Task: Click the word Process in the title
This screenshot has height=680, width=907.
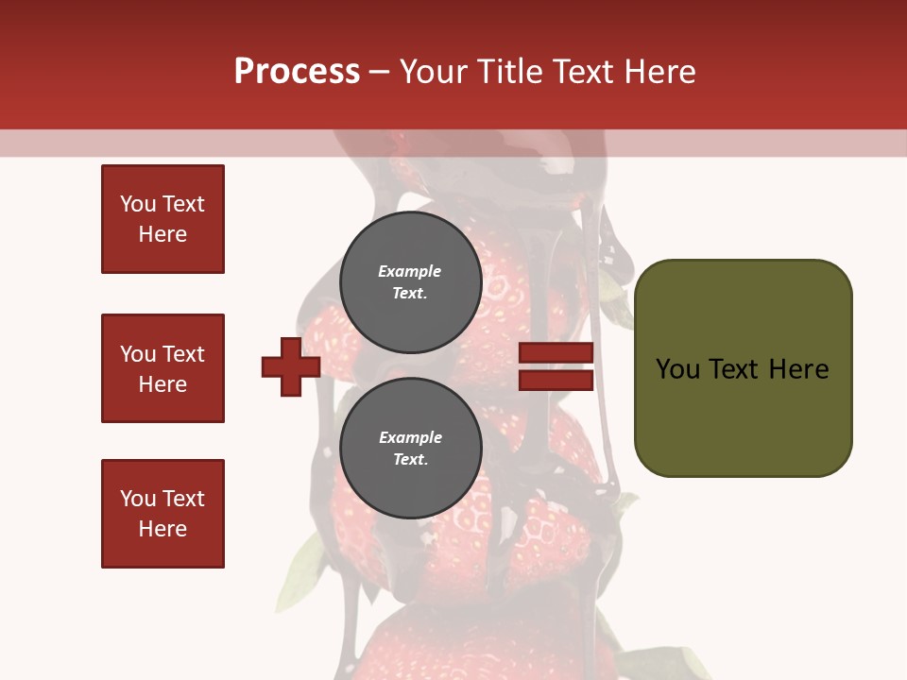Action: (x=297, y=72)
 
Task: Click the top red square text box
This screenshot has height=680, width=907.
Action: (x=163, y=219)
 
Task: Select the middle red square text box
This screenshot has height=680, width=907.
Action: (x=163, y=368)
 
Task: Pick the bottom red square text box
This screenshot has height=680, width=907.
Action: (x=163, y=514)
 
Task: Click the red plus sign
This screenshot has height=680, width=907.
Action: (x=291, y=366)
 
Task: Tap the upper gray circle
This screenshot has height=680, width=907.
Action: (x=410, y=281)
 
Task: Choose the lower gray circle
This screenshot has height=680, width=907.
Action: (x=410, y=448)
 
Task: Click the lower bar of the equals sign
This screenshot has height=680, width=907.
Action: (x=556, y=380)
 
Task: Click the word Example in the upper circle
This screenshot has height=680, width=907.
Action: (x=410, y=271)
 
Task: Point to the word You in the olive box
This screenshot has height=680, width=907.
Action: (x=676, y=369)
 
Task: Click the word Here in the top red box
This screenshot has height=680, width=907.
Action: (x=163, y=234)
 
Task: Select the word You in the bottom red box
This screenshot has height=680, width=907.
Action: (x=138, y=499)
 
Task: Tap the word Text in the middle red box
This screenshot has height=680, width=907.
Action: (x=183, y=354)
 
